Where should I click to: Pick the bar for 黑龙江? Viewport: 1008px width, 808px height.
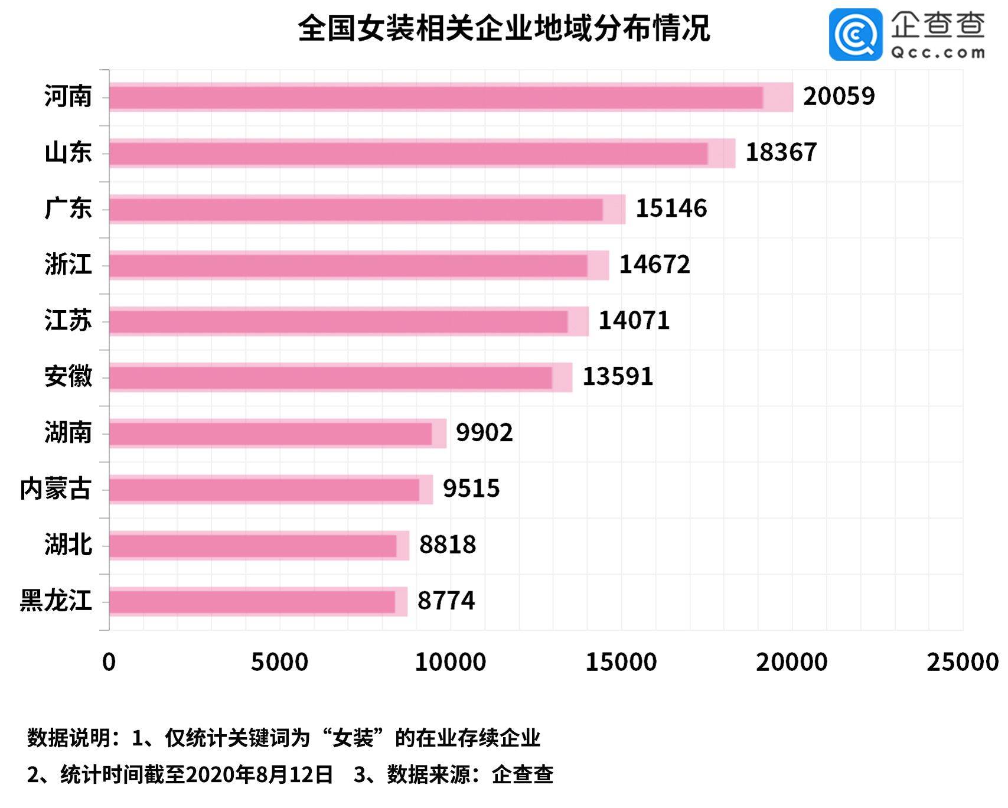pos(257,602)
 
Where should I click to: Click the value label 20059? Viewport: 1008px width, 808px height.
pos(839,96)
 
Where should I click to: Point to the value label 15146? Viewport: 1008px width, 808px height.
pos(671,208)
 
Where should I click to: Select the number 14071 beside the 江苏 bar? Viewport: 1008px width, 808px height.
pos(634,321)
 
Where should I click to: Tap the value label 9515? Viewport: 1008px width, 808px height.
pos(471,489)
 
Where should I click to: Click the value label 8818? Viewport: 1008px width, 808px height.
pos(448,545)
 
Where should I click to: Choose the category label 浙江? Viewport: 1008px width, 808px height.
pos(68,264)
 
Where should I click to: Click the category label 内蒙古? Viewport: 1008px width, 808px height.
pos(56,489)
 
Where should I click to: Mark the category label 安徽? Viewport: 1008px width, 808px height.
pos(68,376)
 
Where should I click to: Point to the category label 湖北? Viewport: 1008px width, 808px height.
pos(68,545)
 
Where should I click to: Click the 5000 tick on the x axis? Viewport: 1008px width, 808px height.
pos(279,662)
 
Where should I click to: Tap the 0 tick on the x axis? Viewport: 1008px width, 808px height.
pos(109,662)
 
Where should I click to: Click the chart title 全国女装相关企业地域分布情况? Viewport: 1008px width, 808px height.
pos(504,28)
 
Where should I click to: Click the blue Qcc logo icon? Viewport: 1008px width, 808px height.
pos(855,34)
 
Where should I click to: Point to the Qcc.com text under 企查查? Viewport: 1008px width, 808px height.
pos(938,53)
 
